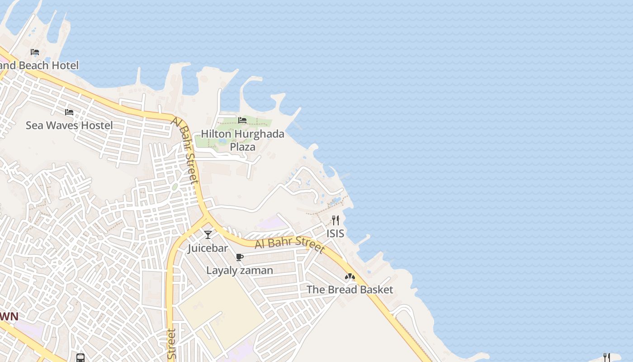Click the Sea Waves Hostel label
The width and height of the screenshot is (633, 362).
(x=69, y=125)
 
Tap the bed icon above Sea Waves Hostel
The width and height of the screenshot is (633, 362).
(x=69, y=112)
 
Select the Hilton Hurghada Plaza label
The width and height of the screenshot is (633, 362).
(x=242, y=140)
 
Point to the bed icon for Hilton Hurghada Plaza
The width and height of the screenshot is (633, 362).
(x=242, y=120)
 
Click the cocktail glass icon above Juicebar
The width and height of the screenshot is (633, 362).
(x=208, y=235)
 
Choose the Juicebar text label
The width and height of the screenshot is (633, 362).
(x=208, y=248)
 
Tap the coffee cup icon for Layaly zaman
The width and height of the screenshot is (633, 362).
(x=240, y=257)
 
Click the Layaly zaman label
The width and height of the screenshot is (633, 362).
(x=240, y=271)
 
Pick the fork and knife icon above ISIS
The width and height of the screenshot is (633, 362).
(x=335, y=220)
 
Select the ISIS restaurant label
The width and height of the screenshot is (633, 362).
(x=335, y=233)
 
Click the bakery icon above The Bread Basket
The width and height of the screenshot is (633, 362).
(x=350, y=276)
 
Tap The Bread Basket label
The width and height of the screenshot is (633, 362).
(x=350, y=290)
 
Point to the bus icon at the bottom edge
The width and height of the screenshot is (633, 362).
(x=80, y=358)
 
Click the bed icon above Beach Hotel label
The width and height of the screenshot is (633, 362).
(x=35, y=52)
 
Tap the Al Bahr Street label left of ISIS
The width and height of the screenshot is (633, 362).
(x=290, y=243)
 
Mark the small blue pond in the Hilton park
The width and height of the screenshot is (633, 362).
(x=222, y=141)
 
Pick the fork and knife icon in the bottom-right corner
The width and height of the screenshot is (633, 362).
(x=607, y=357)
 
